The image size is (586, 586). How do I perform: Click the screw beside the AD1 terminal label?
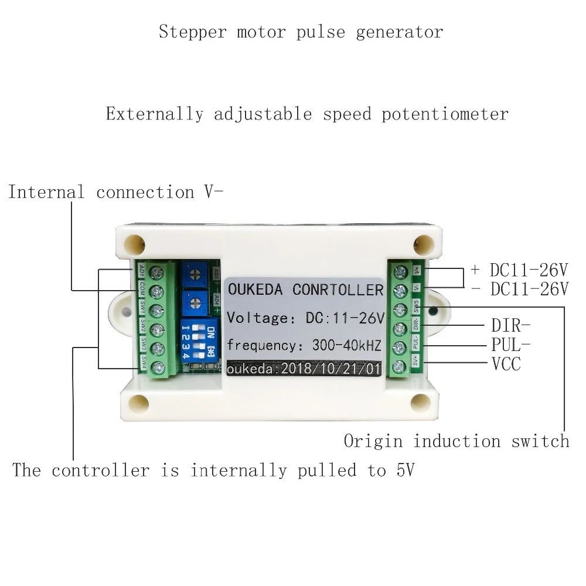click(x=157, y=272)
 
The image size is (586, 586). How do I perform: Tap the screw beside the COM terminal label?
click(x=157, y=291)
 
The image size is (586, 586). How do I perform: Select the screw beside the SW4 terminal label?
click(x=157, y=368)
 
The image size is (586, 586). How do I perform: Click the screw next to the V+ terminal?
click(x=401, y=271)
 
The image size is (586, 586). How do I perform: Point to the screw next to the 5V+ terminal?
click(x=401, y=367)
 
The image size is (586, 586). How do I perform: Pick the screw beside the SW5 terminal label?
click(x=401, y=310)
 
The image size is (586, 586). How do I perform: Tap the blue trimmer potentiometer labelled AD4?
click(x=195, y=303)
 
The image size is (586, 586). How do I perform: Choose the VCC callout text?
click(x=506, y=364)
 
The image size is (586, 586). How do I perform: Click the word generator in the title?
click(x=399, y=32)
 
